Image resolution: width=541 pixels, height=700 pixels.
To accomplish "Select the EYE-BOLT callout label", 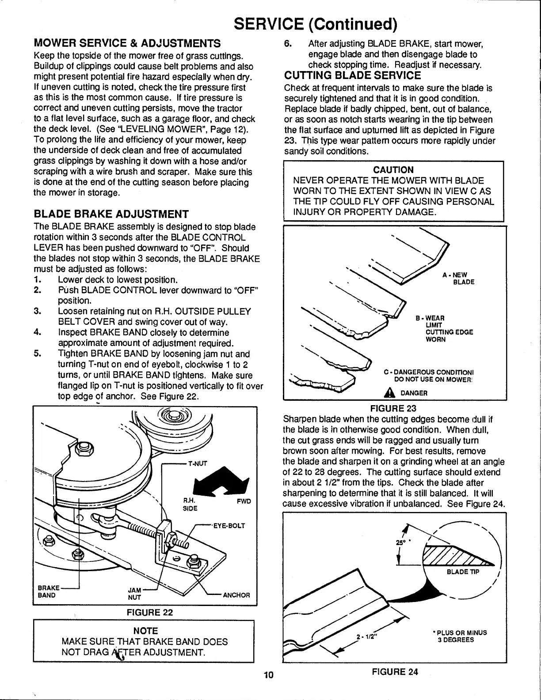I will [x=229, y=526].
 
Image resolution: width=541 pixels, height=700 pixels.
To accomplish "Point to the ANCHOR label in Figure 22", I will [x=236, y=595].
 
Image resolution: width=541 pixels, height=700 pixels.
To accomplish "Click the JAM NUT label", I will [x=134, y=593].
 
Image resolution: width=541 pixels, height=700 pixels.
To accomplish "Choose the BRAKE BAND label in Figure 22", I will [x=47, y=591].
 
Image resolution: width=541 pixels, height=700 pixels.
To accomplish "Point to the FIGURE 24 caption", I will [x=395, y=672].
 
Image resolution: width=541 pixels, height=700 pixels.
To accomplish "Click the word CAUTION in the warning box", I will [x=393, y=170].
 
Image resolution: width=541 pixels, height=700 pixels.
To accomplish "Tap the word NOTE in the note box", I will [x=145, y=631].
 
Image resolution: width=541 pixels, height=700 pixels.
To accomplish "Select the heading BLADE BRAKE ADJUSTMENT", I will [x=111, y=215].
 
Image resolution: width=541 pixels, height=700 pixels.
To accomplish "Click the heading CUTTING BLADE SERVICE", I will [x=353, y=75].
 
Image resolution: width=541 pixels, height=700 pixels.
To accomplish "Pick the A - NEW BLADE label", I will [x=458, y=278].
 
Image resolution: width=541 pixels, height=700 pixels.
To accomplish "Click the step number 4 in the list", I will [x=37, y=332].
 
